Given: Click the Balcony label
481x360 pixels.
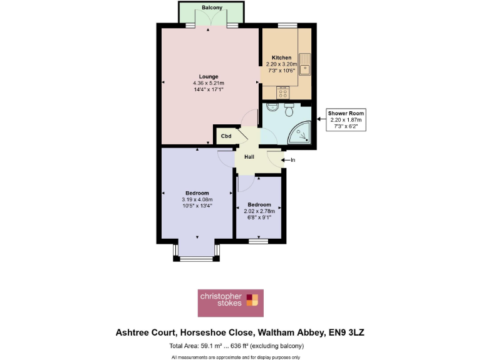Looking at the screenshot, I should point(212,7).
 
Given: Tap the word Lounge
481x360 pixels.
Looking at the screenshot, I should point(209,77).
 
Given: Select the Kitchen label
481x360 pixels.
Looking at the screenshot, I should point(281,57).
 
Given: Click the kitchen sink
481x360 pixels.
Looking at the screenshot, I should point(305,63).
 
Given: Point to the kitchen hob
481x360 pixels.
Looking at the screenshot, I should point(283,92).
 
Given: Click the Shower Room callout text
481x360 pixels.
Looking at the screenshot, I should point(346,113).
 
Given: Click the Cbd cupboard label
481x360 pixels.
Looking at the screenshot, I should point(226,136).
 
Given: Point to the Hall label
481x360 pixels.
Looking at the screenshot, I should point(249,157).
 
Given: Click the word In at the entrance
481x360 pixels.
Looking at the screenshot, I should point(292,160).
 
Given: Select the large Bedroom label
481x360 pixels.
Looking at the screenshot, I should point(197,193).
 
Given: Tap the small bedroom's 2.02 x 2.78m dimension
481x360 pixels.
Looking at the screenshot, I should point(259,211).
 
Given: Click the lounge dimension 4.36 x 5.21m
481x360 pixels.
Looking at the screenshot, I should point(209,83).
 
